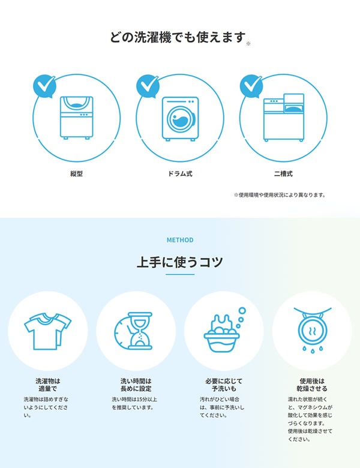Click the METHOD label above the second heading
(x=180, y=240)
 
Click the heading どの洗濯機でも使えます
(x=178, y=38)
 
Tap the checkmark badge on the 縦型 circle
(x=44, y=86)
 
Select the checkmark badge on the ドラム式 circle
(x=148, y=86)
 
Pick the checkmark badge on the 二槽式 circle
(x=251, y=86)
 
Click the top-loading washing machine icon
(x=77, y=118)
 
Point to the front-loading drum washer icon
(x=180, y=118)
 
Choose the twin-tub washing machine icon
(x=284, y=117)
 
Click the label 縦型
(x=76, y=174)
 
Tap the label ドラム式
(x=180, y=174)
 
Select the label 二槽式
(x=284, y=174)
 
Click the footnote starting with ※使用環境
(x=280, y=195)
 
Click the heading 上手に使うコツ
(x=180, y=262)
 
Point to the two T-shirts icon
(x=48, y=331)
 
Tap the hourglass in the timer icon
(x=140, y=331)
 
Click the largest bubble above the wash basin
(x=242, y=311)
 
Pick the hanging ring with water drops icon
(x=313, y=329)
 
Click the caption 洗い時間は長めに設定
(x=136, y=385)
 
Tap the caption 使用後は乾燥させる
(x=312, y=385)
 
